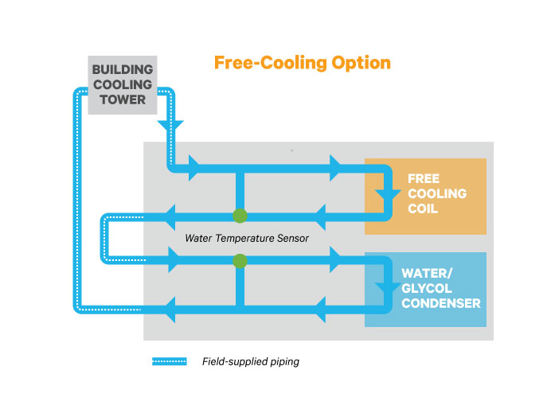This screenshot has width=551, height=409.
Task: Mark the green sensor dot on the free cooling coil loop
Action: pos(240,216)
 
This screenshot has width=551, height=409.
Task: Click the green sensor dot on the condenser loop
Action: pos(240,260)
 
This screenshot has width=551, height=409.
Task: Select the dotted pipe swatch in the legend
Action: pos(169,361)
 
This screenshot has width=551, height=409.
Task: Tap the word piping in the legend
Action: pos(284,361)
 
